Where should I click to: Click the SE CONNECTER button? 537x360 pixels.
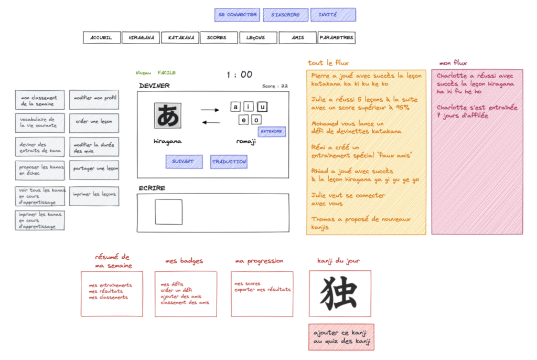237,15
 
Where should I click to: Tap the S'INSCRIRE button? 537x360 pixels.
285,15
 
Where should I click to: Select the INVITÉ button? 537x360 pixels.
333,15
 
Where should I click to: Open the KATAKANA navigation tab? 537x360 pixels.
180,38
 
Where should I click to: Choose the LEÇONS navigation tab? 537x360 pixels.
257,38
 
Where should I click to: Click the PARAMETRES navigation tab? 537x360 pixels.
336,38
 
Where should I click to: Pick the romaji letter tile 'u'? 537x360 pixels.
262,107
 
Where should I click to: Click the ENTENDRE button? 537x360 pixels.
272,131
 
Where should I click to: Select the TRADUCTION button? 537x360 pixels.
229,162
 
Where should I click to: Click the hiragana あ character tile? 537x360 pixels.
168,115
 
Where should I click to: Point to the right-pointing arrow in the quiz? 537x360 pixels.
210,110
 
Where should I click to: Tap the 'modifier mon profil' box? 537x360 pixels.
94,99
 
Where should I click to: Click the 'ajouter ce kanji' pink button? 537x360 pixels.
341,337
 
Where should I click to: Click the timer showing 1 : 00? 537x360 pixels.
239,75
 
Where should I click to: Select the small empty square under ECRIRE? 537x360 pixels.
168,212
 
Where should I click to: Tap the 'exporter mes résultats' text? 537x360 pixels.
262,290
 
